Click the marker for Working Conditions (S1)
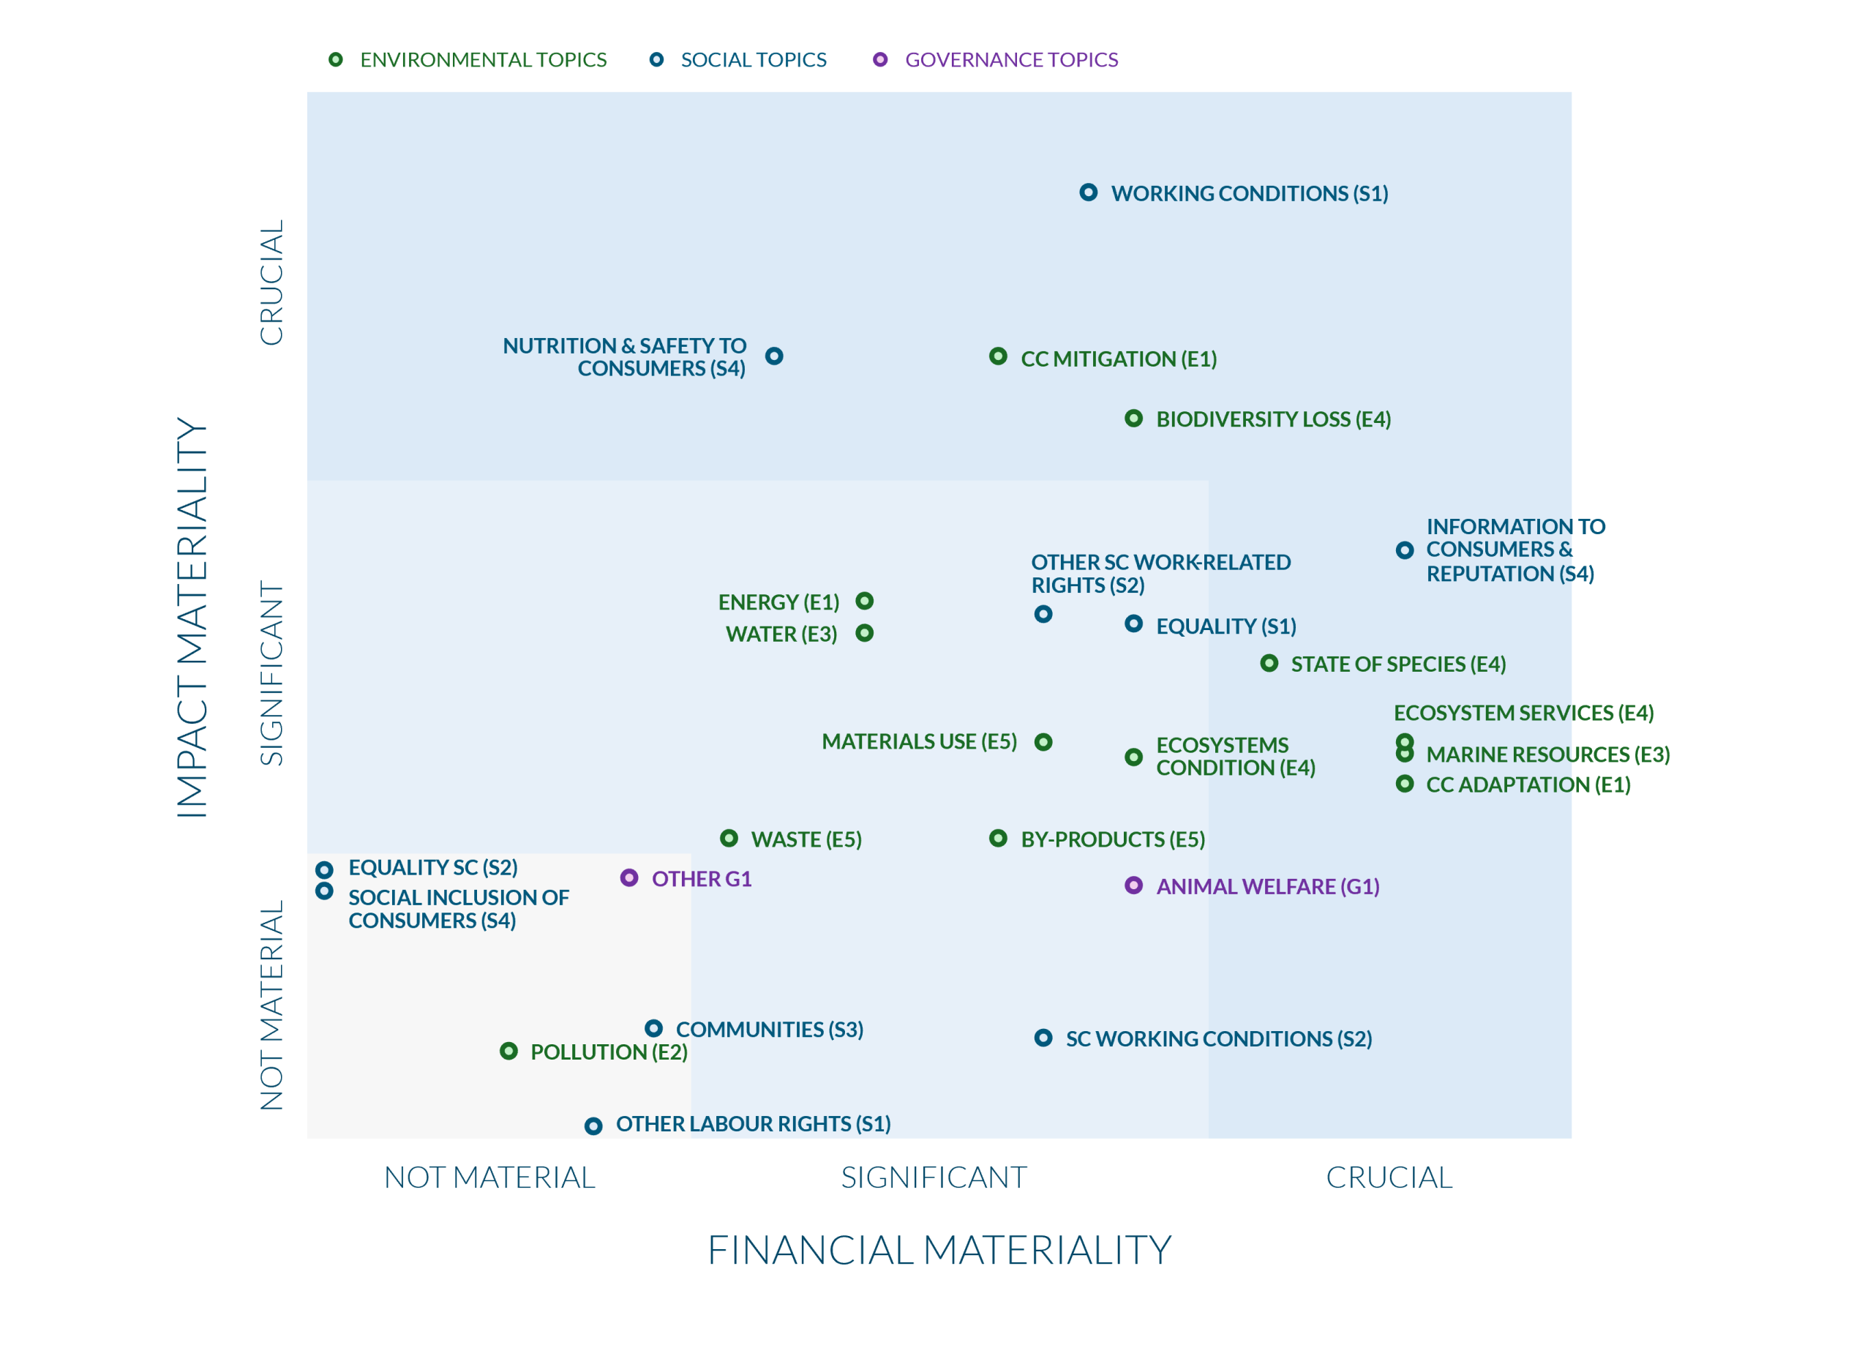point(1089,192)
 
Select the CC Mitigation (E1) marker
point(998,357)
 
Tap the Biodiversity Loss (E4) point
point(1134,419)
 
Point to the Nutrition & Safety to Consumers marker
point(774,356)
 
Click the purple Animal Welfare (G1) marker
point(1134,885)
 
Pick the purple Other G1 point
point(629,878)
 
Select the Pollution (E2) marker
point(508,1052)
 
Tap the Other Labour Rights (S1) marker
point(593,1125)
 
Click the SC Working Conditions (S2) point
point(1043,1038)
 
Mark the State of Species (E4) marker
point(1269,663)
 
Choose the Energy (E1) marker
point(865,602)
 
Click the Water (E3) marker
point(865,634)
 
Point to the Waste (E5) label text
point(806,840)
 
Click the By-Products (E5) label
point(1112,840)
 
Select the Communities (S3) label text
point(769,1030)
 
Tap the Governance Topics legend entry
point(1011,60)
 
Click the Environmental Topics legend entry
point(483,60)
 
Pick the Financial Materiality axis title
point(939,1251)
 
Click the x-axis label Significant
point(933,1177)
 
